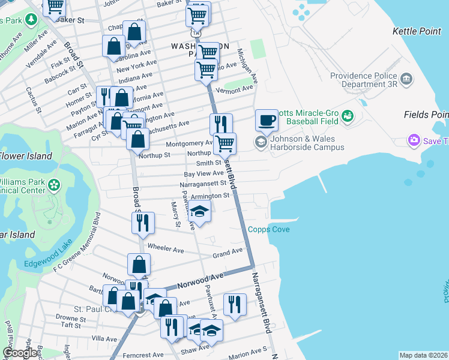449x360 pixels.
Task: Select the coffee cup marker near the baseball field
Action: click(267, 120)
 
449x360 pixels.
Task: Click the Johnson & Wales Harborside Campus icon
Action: click(261, 142)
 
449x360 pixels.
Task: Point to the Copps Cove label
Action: click(269, 230)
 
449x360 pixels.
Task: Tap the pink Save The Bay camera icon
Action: click(413, 140)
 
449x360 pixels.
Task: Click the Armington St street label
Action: click(211, 196)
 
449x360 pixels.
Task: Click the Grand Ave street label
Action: click(227, 252)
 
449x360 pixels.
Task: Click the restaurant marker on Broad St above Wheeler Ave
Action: click(143, 223)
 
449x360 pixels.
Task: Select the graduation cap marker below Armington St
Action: click(200, 212)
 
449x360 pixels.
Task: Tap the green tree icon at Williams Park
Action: click(54, 185)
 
